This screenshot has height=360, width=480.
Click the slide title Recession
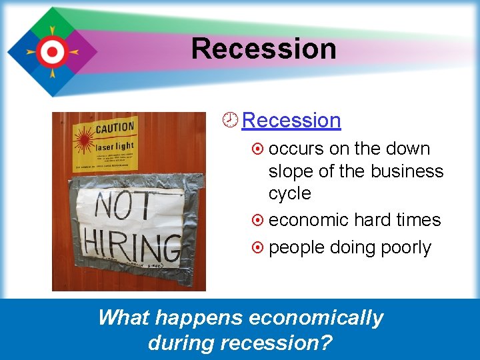click(263, 49)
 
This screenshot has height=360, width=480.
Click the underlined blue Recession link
click(291, 121)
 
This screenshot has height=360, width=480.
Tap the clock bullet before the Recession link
click(231, 120)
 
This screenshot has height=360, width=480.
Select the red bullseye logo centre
click(51, 51)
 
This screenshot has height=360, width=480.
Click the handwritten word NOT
click(123, 207)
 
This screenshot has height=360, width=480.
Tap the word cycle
click(289, 193)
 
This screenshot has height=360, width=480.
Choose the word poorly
click(405, 247)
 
